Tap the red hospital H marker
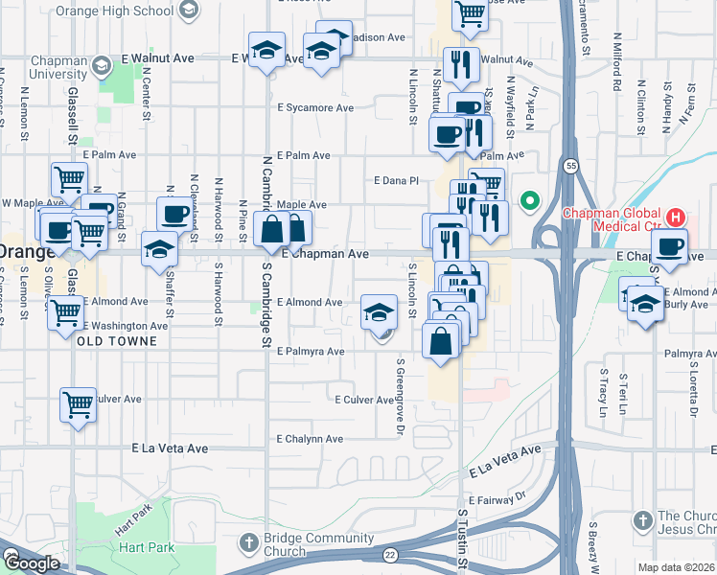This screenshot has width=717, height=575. pyautogui.click(x=676, y=216)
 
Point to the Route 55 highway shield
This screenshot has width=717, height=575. pyautogui.click(x=570, y=165)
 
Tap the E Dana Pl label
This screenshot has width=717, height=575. pyautogui.click(x=396, y=180)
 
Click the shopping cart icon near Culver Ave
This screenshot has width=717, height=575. pyautogui.click(x=78, y=403)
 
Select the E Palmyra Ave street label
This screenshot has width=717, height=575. pyautogui.click(x=310, y=352)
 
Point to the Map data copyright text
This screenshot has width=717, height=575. pyautogui.click(x=676, y=567)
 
